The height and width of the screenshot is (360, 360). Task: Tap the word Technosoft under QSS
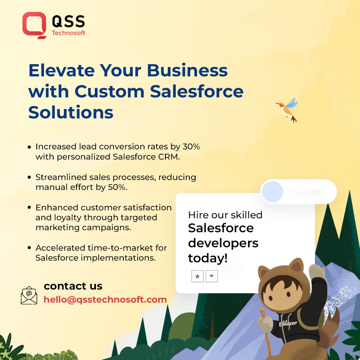click(68, 33)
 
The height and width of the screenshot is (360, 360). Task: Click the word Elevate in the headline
click(61, 70)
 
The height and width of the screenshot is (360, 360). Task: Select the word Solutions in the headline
click(71, 112)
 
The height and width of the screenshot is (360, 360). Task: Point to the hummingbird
click(287, 110)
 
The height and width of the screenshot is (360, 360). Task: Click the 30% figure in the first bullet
click(191, 147)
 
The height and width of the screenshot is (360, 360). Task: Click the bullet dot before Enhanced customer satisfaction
click(29, 208)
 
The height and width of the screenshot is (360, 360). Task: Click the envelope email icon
click(29, 295)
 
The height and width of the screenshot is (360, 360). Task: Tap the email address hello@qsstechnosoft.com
click(105, 299)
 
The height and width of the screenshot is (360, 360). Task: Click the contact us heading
click(73, 286)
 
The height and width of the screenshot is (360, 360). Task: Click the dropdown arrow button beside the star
click(212, 276)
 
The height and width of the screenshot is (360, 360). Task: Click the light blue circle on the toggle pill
click(272, 191)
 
